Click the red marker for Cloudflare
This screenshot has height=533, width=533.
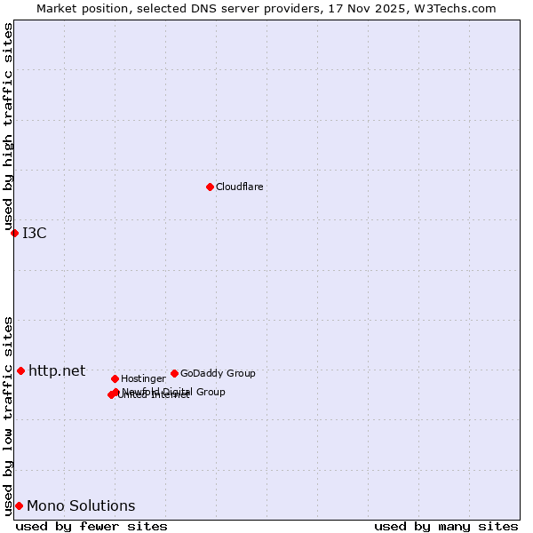(x=210, y=187)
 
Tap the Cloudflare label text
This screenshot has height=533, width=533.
(x=240, y=187)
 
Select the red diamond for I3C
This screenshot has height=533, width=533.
(x=14, y=233)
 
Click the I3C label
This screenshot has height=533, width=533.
(x=35, y=233)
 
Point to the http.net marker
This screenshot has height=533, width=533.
(x=20, y=370)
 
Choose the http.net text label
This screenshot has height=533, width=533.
(x=57, y=370)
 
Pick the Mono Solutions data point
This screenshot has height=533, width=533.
(x=19, y=505)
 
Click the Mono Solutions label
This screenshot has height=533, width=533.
(x=81, y=505)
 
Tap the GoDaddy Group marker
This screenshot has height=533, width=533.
(x=174, y=373)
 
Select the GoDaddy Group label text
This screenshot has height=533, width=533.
(x=218, y=373)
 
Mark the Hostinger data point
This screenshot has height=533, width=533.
(x=115, y=378)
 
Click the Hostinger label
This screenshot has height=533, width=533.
(x=143, y=378)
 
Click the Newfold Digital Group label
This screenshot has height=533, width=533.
(x=174, y=391)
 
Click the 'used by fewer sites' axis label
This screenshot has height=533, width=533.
(x=91, y=526)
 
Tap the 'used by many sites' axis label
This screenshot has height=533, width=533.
(x=446, y=526)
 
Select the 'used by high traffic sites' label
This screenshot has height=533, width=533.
(x=8, y=126)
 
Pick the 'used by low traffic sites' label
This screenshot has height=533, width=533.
(x=8, y=415)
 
